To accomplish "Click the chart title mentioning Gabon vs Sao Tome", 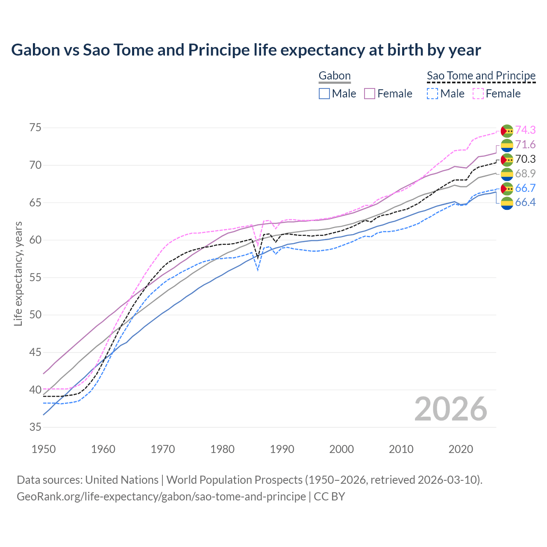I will click(x=246, y=50).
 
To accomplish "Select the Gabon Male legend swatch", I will click(x=324, y=94).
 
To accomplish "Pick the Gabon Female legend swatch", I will click(x=370, y=94).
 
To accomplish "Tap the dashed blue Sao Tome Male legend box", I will click(x=432, y=94).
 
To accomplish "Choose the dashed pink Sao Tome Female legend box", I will click(x=478, y=94).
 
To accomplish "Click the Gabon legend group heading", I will click(x=335, y=76).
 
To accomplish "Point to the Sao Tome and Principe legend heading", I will click(x=481, y=76).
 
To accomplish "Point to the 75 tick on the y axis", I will click(x=35, y=128).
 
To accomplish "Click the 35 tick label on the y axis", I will click(x=35, y=427).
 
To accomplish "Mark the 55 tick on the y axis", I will click(x=35, y=277).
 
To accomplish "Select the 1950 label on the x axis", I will click(x=44, y=449).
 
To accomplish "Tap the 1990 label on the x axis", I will click(x=282, y=449).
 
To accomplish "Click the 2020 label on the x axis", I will click(x=461, y=449).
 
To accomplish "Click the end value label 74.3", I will click(x=525, y=130).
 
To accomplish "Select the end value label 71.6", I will click(x=525, y=144).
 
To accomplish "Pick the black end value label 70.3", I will click(x=525, y=159).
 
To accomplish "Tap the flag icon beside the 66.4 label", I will click(x=507, y=203).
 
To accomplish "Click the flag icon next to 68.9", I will click(x=507, y=174).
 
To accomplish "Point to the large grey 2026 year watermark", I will click(x=451, y=409).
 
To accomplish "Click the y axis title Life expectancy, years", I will click(x=18, y=273).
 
